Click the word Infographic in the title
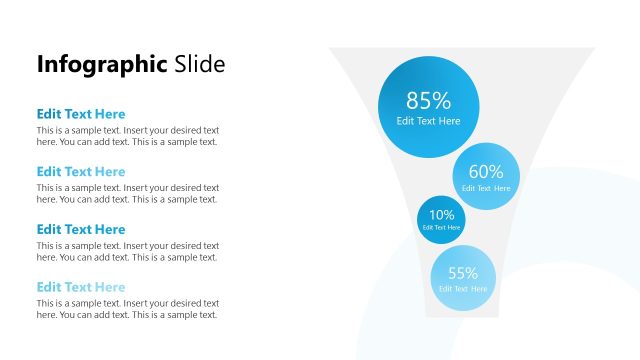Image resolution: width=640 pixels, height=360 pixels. coord(102,65)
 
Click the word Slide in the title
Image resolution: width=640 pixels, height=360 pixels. coord(199,64)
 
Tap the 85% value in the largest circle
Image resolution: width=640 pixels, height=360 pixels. coord(428,100)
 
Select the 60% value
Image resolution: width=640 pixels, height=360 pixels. coord(486,172)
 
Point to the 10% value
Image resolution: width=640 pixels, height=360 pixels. coord(441,214)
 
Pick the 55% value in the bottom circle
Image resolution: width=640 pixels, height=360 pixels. coord(463,273)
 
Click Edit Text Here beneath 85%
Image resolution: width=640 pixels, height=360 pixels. coord(428,121)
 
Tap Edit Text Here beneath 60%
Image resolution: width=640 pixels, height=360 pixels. coord(486,188)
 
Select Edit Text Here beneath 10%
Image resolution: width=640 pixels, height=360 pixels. coord(441,227)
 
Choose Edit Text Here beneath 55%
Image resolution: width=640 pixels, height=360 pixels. coord(463,289)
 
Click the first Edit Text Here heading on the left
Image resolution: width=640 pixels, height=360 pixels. coord(81,114)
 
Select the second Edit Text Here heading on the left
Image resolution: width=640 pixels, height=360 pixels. coord(81,172)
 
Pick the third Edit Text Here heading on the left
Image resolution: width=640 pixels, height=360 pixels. coord(81,229)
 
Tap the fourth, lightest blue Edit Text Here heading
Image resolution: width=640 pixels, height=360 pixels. coord(81,287)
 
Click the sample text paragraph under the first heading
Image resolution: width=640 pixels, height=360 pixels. coord(127,136)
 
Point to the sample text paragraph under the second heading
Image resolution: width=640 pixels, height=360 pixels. coord(127,193)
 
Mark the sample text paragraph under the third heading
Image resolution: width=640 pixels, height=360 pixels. coord(127,251)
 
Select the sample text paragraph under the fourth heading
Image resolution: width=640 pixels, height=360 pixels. coord(127,308)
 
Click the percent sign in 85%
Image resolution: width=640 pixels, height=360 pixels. coord(442,100)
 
